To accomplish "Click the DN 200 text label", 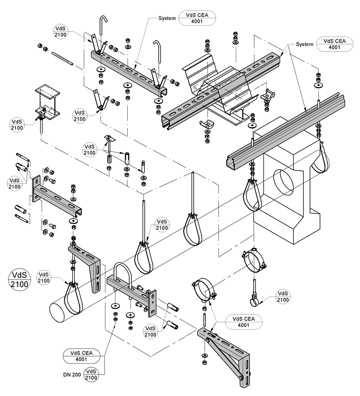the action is [72, 375].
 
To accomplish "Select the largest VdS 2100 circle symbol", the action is [19, 280].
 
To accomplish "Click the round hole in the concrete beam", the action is [284, 184].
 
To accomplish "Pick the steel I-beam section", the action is [48, 102].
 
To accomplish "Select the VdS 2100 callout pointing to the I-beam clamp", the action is [17, 125].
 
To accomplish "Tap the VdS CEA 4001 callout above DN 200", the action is [81, 356].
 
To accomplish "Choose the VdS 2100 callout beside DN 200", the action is [91, 375].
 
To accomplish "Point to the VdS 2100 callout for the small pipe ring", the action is [283, 297].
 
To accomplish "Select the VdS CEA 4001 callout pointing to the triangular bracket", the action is [244, 322].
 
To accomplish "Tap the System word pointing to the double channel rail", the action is [305, 44].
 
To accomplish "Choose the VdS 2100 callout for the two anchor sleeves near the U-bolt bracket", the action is [151, 332].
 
